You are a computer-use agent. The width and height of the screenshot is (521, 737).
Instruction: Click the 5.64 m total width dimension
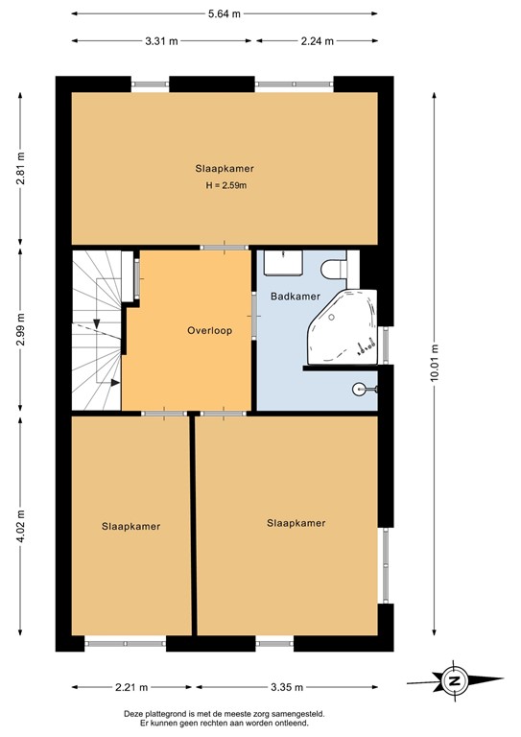pyautogui.click(x=224, y=13)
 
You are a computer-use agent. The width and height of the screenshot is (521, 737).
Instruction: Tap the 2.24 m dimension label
pyautogui.click(x=316, y=41)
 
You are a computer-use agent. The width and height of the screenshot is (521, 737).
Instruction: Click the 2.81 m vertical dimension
pyautogui.click(x=20, y=169)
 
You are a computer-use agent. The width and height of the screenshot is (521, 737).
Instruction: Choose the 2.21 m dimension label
pyautogui.click(x=130, y=687)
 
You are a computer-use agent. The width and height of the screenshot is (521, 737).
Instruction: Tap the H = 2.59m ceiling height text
pyautogui.click(x=224, y=184)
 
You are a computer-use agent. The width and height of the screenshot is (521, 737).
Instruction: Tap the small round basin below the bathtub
pyautogui.click(x=361, y=390)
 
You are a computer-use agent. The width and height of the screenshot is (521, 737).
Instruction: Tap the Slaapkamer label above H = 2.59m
pyautogui.click(x=224, y=168)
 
